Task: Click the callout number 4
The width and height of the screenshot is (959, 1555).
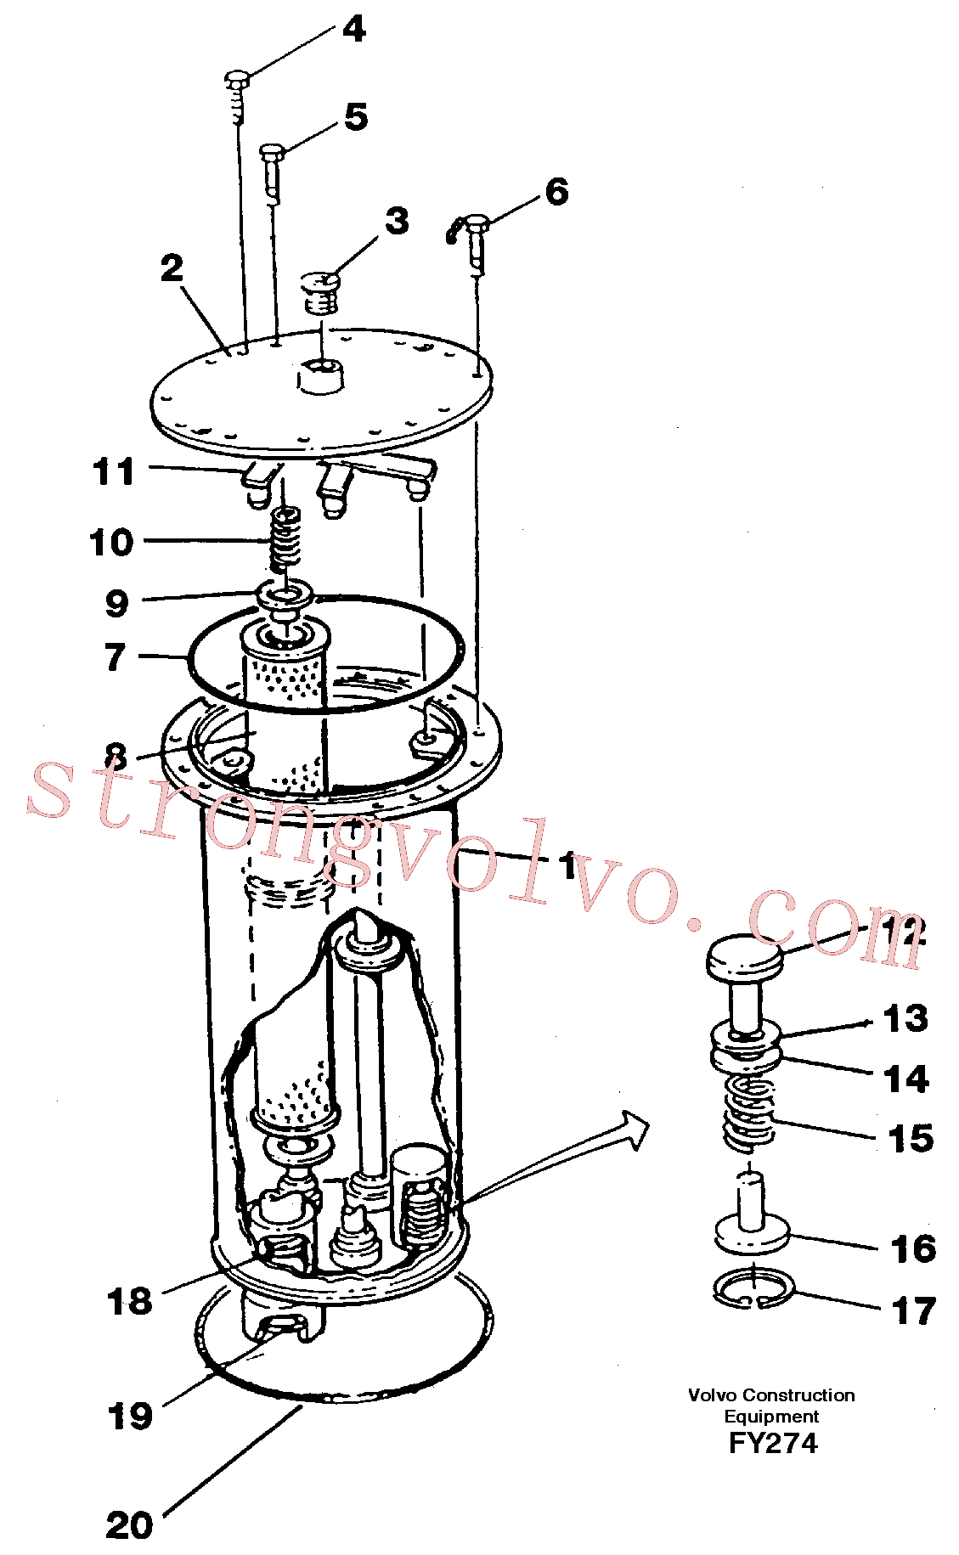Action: point(354,30)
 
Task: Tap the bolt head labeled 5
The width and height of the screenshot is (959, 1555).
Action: point(272,152)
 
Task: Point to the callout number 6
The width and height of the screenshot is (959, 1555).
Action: point(556,192)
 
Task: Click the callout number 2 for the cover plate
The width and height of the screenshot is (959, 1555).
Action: point(172,268)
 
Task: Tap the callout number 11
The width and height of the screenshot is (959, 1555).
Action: point(114,471)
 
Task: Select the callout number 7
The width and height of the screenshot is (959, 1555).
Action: point(116,657)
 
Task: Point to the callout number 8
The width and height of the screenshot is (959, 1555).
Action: point(116,755)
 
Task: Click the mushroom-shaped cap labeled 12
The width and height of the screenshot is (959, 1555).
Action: point(745,957)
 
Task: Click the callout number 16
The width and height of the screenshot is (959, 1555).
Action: point(913,1248)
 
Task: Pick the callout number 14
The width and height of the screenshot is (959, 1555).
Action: point(906,1079)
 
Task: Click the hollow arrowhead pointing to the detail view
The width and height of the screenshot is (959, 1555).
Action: point(635,1130)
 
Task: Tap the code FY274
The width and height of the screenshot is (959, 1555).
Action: point(772,1443)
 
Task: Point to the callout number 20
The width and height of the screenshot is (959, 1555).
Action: point(129,1525)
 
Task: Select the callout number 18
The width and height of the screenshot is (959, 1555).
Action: point(129,1300)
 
